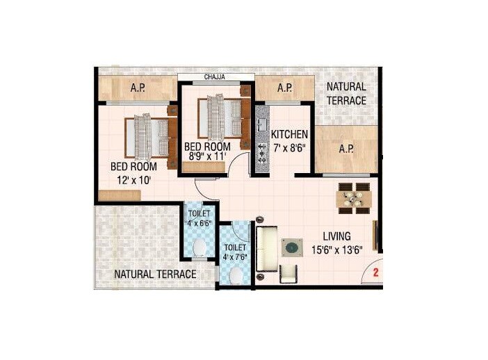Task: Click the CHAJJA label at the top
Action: click(213, 76)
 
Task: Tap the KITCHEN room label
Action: click(290, 134)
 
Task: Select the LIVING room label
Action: click(336, 236)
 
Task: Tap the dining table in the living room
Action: click(353, 197)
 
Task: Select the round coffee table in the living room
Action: click(291, 247)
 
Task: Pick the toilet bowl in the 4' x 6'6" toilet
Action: click(200, 248)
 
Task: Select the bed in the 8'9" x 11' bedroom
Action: click(222, 118)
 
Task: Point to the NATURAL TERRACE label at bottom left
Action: click(155, 274)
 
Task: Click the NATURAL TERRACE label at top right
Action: click(346, 94)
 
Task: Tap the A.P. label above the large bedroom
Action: click(138, 89)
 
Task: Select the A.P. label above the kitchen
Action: click(284, 89)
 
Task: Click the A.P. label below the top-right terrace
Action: click(346, 149)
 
